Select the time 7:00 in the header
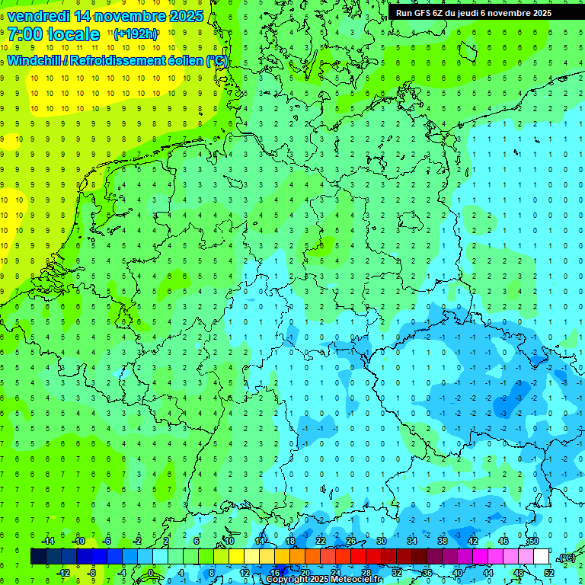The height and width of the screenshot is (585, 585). (x=25, y=34)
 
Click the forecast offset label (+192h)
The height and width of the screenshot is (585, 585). (x=136, y=34)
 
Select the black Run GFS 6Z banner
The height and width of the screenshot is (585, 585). (x=484, y=12)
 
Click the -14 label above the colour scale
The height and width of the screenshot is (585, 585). (x=47, y=541)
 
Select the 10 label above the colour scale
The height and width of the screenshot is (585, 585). (x=229, y=541)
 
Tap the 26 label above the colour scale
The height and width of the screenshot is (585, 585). (x=351, y=541)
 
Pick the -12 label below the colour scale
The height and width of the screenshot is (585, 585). (x=64, y=573)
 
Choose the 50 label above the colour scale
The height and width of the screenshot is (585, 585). (x=533, y=541)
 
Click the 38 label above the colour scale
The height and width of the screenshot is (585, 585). (x=443, y=541)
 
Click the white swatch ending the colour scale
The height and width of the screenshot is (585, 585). (x=541, y=557)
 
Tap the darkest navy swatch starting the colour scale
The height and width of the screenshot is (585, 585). (x=38, y=557)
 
